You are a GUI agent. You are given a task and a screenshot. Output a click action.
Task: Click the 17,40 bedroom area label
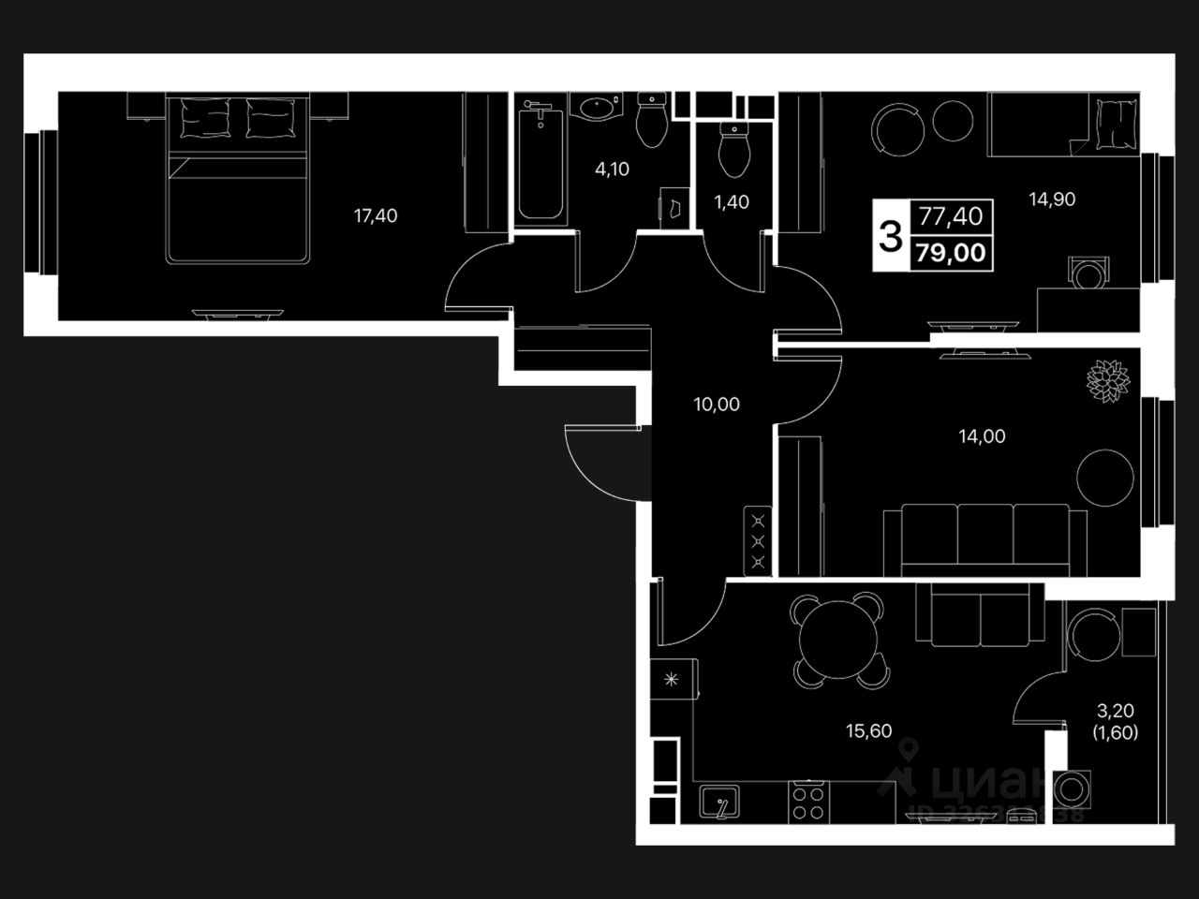click(x=375, y=216)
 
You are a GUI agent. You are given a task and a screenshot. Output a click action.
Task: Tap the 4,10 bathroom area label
click(x=613, y=169)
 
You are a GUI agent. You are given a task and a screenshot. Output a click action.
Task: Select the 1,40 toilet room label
click(x=732, y=202)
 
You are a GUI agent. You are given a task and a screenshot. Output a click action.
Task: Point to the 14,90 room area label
click(x=1052, y=199)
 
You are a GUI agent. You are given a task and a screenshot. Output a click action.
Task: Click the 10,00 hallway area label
click(x=717, y=405)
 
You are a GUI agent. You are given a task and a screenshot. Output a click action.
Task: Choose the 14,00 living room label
click(x=982, y=435)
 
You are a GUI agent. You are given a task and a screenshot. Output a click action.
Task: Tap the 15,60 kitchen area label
click(x=868, y=731)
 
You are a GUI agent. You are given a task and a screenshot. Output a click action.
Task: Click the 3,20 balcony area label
click(x=1115, y=712)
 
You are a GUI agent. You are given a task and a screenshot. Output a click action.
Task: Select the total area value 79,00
click(x=952, y=254)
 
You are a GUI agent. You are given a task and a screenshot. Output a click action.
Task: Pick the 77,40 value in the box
click(x=951, y=217)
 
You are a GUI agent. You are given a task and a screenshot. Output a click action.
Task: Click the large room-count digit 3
click(x=891, y=234)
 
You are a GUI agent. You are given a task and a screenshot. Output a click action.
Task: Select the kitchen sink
click(x=720, y=803)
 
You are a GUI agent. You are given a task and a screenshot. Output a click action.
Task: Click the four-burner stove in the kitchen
click(x=807, y=802)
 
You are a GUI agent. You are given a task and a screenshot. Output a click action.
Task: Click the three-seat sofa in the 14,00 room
click(x=984, y=538)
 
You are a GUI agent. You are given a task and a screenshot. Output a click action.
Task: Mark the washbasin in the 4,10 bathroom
click(x=598, y=110)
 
